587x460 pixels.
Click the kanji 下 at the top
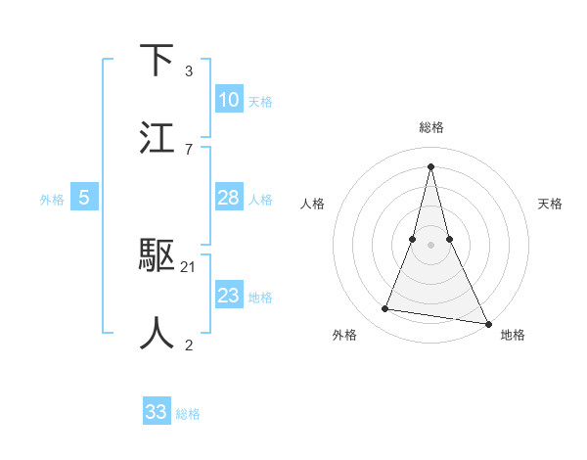[158, 61]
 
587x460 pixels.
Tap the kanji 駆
[158, 256]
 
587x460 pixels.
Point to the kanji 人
[158, 333]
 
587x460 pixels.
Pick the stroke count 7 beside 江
[188, 149]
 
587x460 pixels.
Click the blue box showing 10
[229, 100]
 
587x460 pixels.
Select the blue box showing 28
[229, 198]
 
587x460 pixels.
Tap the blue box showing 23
[229, 296]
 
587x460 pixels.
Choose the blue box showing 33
[157, 412]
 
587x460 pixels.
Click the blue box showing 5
[84, 198]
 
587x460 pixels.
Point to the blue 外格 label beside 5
[52, 200]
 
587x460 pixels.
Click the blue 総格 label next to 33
[188, 414]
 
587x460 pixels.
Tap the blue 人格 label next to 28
[260, 200]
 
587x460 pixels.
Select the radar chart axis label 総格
[431, 127]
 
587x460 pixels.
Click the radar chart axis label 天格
[550, 204]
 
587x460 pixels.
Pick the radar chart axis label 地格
[513, 336]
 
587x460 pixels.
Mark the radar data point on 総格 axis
[431, 165]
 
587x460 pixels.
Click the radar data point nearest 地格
[487, 322]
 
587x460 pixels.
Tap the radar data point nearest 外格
[385, 309]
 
